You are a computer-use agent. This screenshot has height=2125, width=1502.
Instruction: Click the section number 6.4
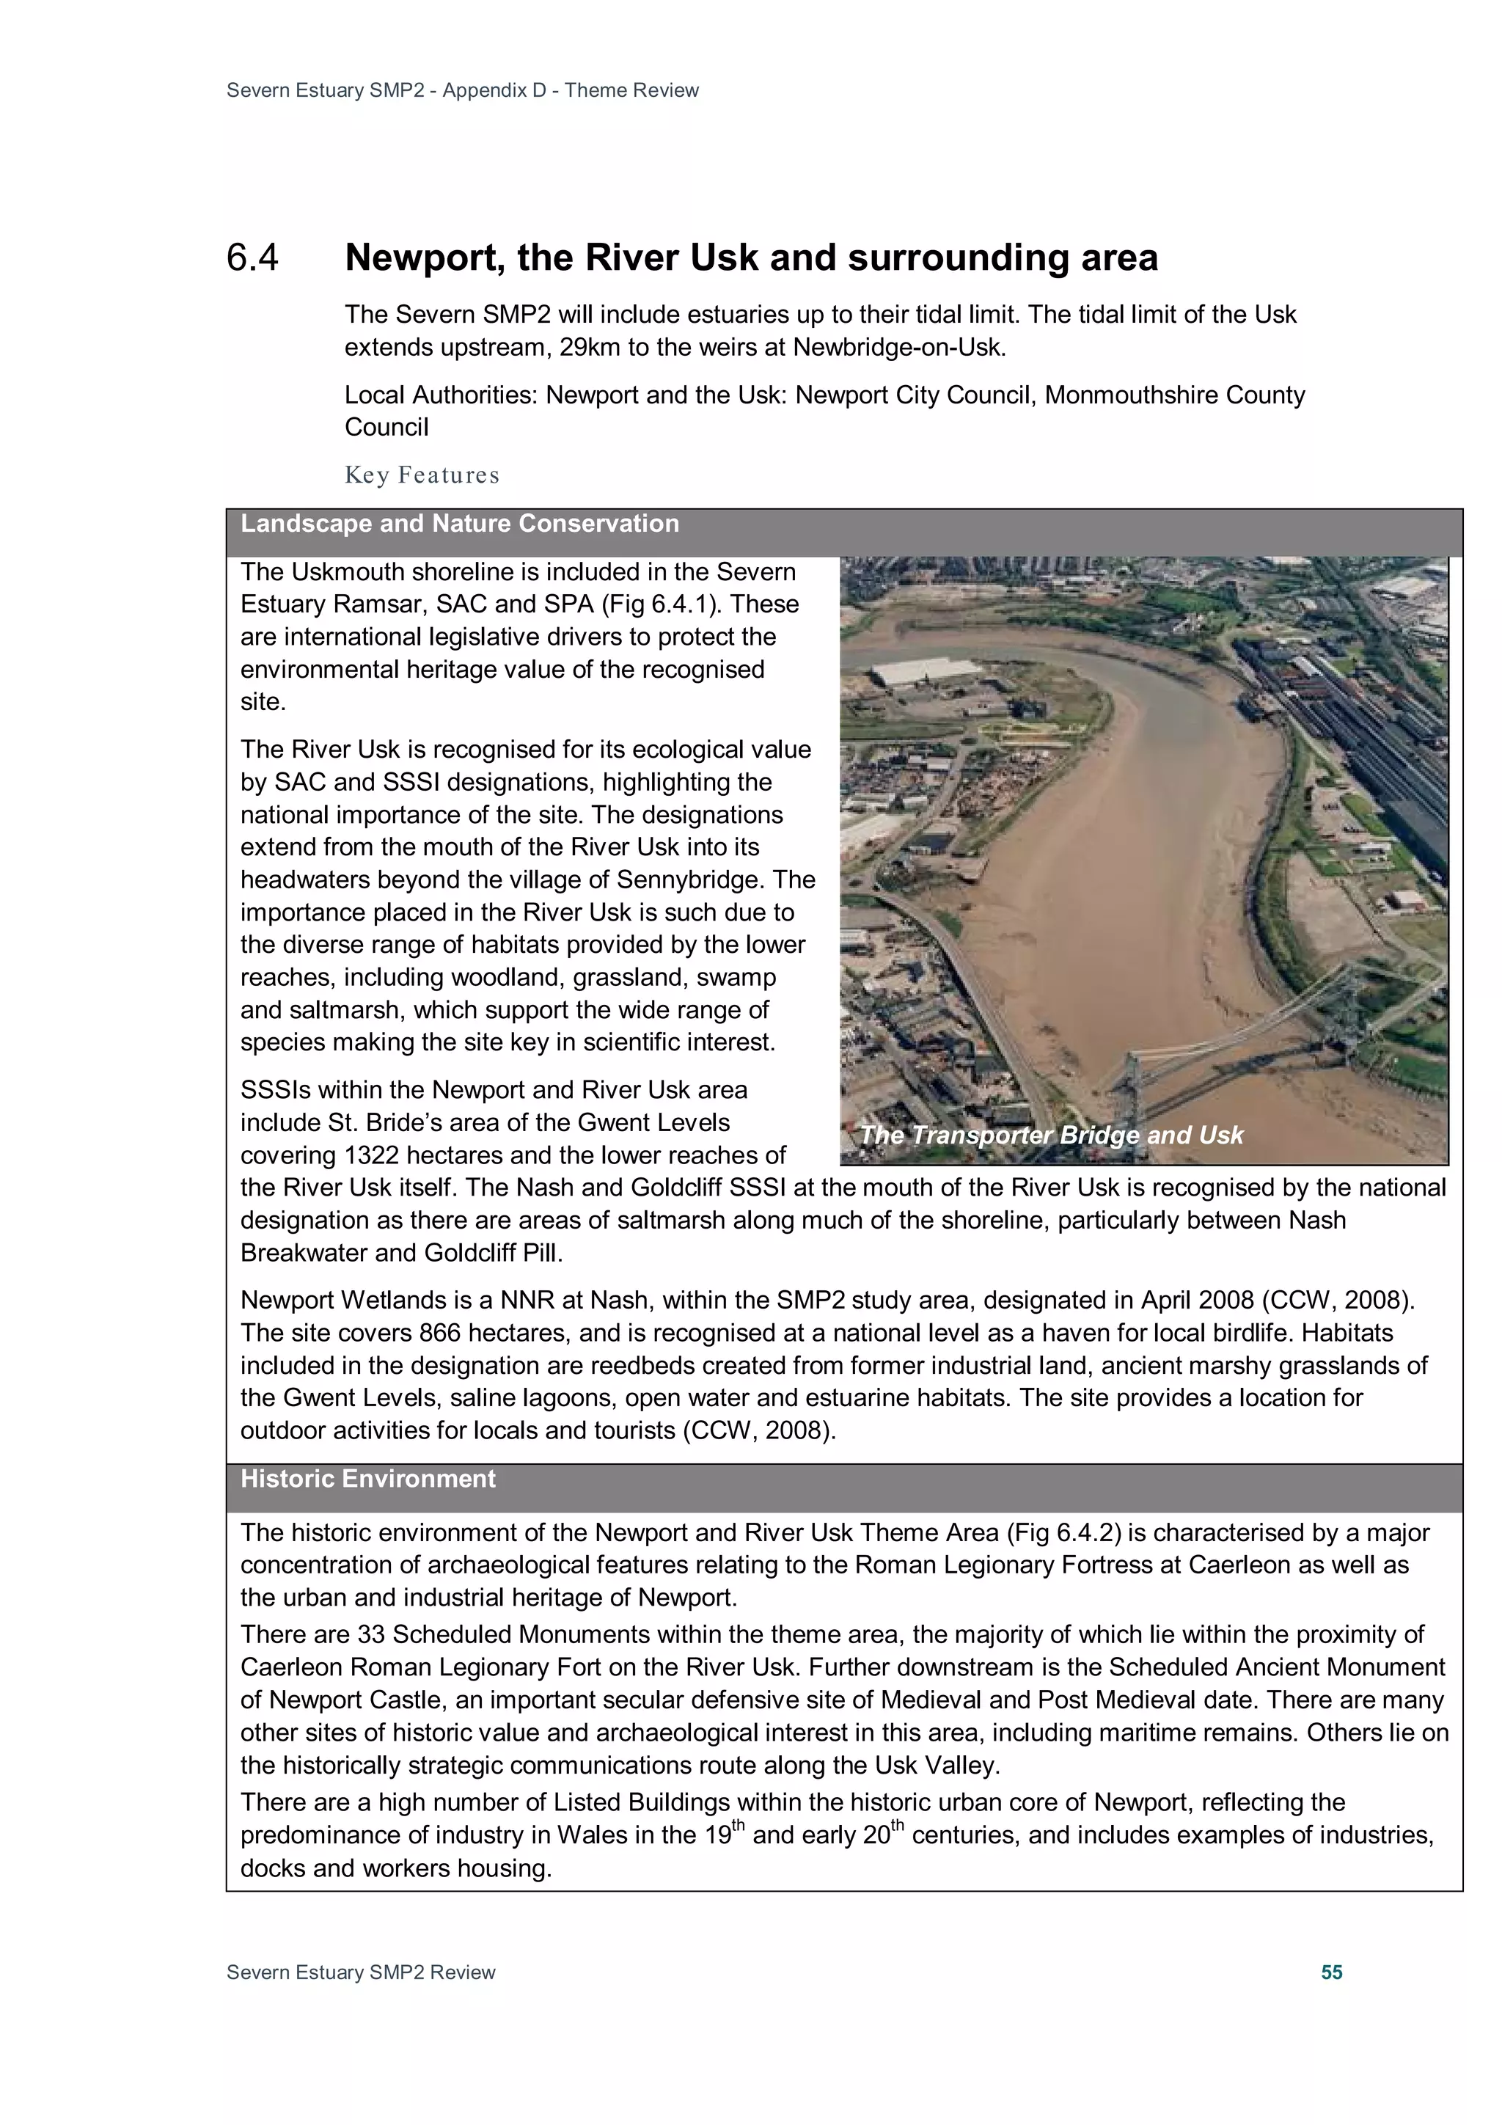252,258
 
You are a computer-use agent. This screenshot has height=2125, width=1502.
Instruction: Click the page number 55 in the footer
1331,1972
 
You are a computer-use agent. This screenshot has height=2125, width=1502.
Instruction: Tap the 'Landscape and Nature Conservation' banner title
459,524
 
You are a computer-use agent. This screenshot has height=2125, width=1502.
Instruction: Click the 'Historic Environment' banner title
367,1479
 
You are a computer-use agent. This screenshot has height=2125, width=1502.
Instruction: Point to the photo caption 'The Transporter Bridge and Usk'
1050,1135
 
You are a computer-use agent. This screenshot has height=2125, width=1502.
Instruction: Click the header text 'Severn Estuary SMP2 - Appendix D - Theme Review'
462,91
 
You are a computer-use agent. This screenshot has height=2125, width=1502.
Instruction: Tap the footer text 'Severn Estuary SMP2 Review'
360,1972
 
